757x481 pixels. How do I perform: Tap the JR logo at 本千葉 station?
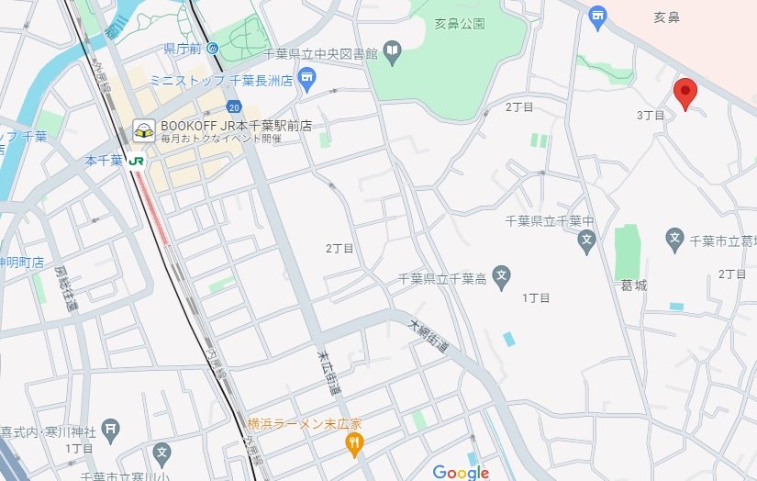(x=137, y=160)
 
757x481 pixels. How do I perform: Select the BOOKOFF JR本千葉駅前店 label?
(x=236, y=126)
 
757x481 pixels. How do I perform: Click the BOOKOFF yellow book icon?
(x=143, y=130)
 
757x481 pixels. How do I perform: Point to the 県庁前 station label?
(x=182, y=48)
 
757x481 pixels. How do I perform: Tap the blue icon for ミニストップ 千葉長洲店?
(x=307, y=87)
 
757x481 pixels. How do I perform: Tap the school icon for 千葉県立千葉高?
(x=501, y=276)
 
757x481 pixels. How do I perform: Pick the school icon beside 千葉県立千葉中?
(x=587, y=243)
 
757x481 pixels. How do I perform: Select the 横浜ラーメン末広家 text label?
(x=304, y=424)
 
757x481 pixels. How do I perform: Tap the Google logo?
(x=461, y=472)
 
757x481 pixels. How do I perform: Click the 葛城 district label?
(x=633, y=285)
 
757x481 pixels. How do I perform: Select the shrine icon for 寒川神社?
(x=110, y=427)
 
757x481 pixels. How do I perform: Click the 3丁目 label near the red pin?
(x=650, y=115)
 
